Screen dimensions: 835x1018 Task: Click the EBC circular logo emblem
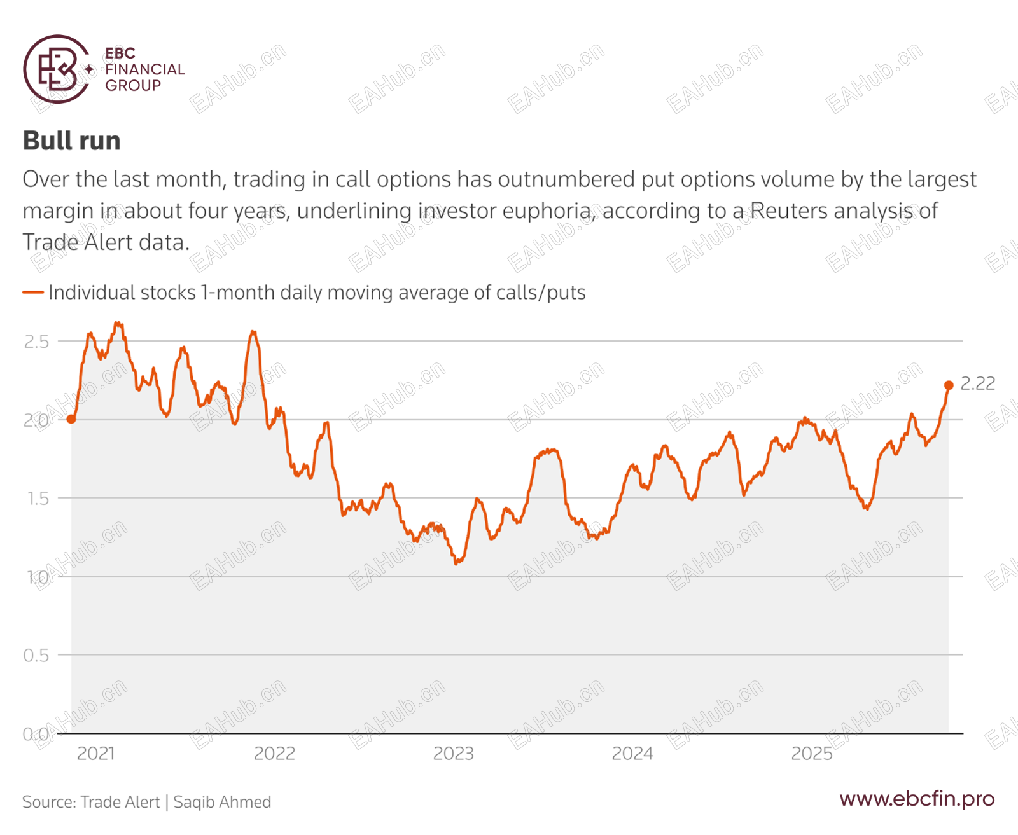pos(56,69)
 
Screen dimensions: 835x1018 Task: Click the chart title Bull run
pos(71,141)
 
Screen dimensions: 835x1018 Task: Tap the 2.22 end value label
pos(977,383)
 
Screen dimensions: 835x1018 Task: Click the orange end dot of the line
pos(949,385)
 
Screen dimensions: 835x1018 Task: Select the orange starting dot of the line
pos(71,419)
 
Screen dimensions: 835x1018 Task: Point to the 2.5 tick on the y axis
pos(36,342)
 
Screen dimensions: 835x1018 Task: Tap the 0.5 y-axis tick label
pos(36,656)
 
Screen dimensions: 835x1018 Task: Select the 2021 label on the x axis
pos(95,754)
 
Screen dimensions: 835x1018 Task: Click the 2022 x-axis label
pos(274,754)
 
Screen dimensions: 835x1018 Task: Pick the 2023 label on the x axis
pos(453,754)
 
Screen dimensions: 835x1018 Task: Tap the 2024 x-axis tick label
pos(632,754)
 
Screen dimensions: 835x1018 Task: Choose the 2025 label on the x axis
pos(811,754)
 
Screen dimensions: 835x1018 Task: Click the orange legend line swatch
pos(33,293)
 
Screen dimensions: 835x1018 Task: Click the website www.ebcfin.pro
pos(916,799)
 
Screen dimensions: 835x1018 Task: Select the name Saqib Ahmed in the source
pos(222,802)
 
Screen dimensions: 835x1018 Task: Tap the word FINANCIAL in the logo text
pos(144,69)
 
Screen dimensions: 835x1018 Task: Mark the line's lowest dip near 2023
pos(457,563)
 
